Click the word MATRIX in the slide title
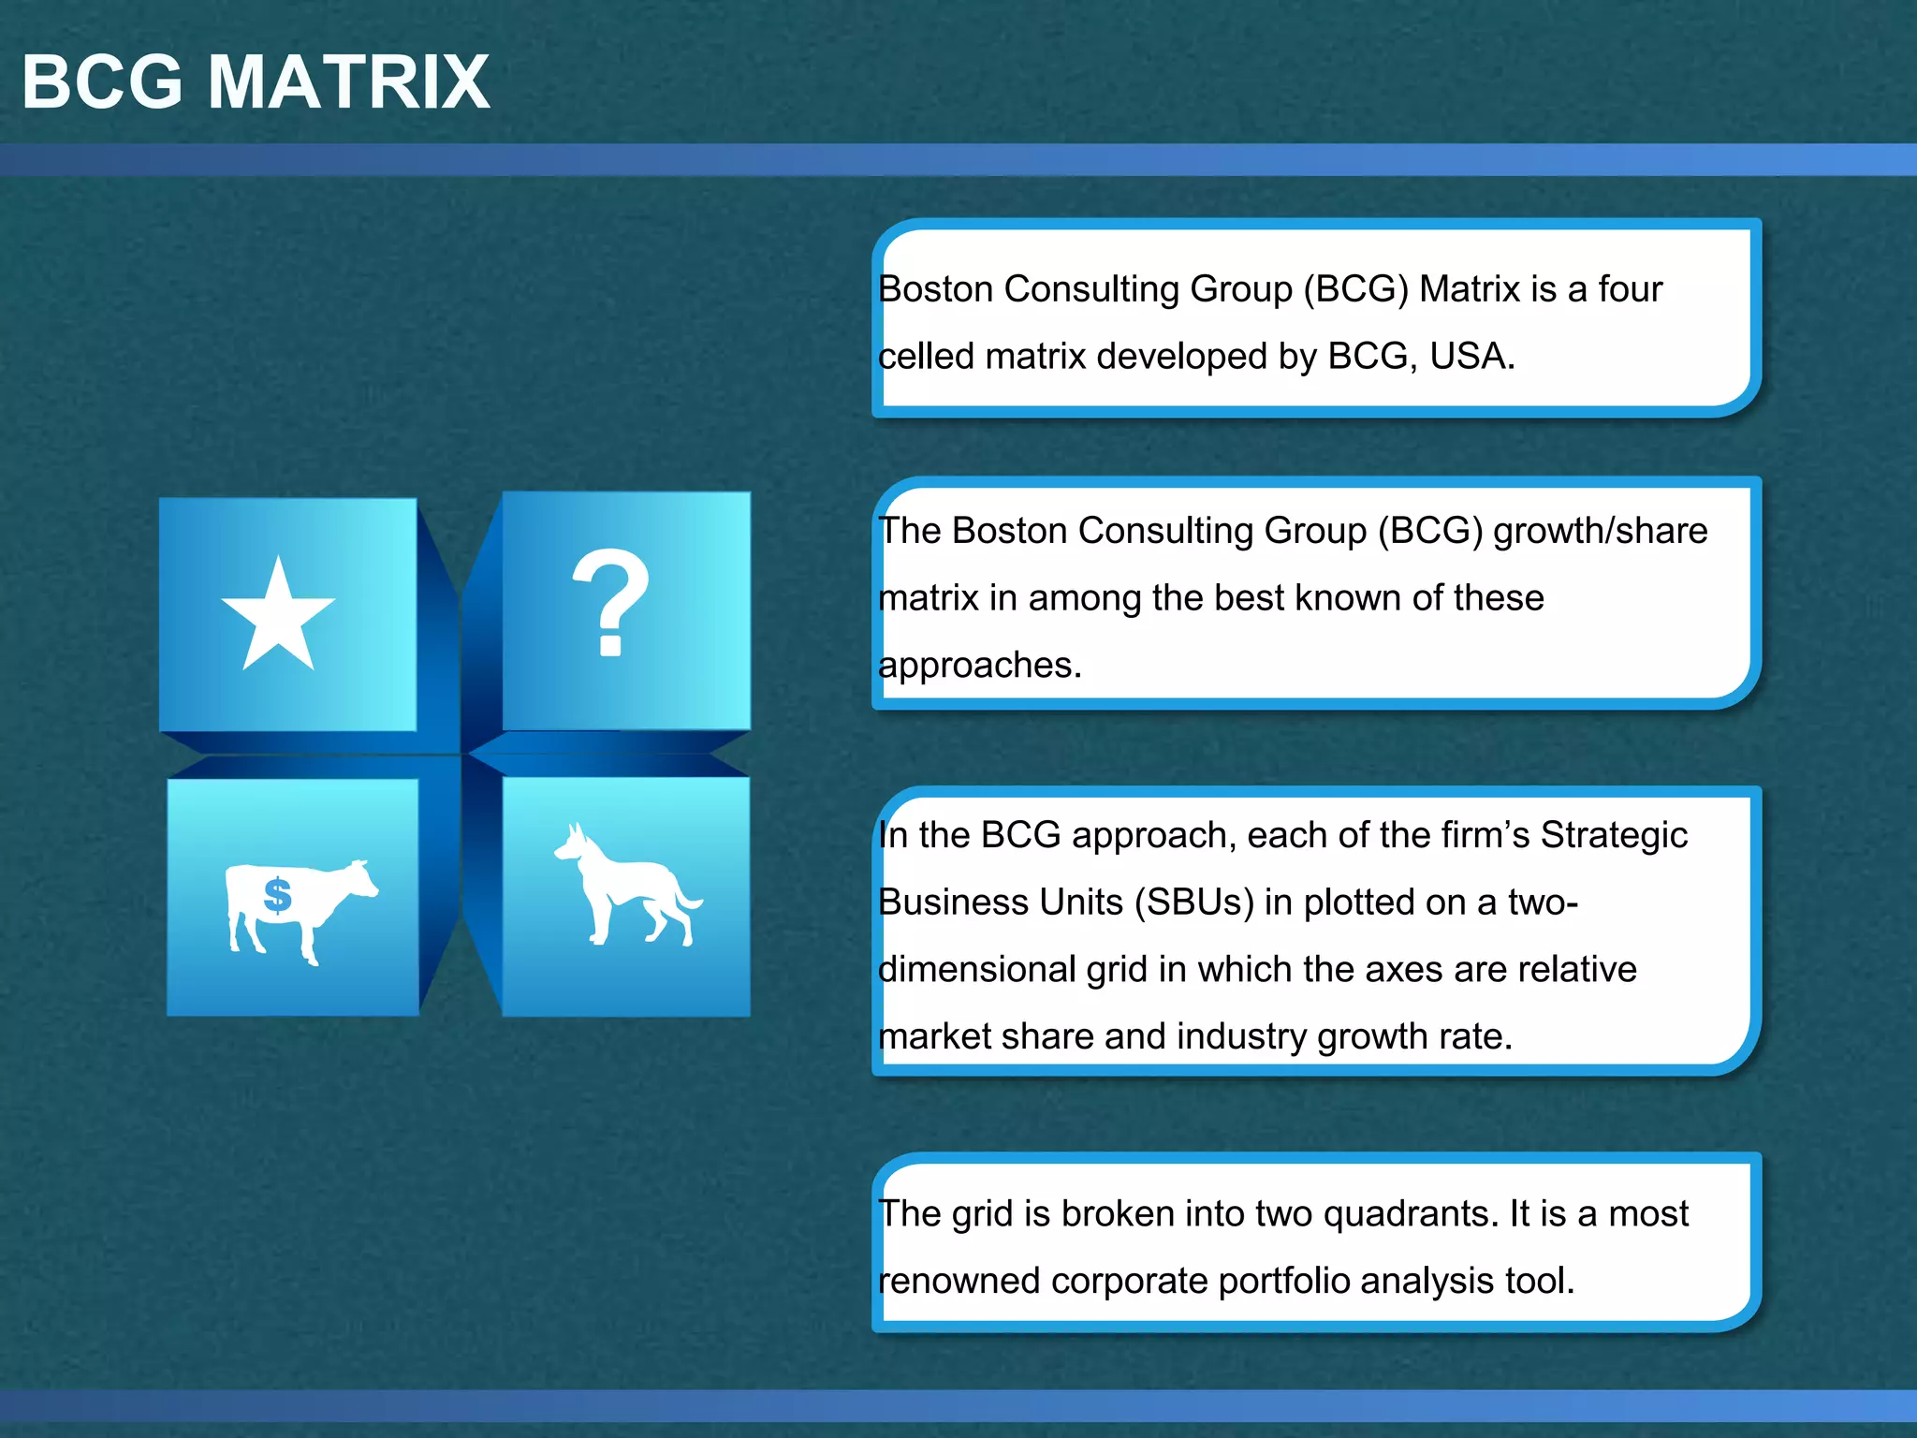(x=348, y=82)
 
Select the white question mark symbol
(x=610, y=602)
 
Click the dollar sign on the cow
(x=278, y=895)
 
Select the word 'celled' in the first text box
(x=927, y=357)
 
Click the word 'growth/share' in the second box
(x=1600, y=531)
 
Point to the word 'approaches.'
(x=980, y=666)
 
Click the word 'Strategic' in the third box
(x=1614, y=835)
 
